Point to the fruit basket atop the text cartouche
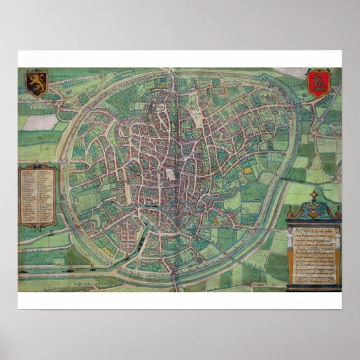coord(313,204)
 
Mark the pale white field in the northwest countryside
coord(41,122)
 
